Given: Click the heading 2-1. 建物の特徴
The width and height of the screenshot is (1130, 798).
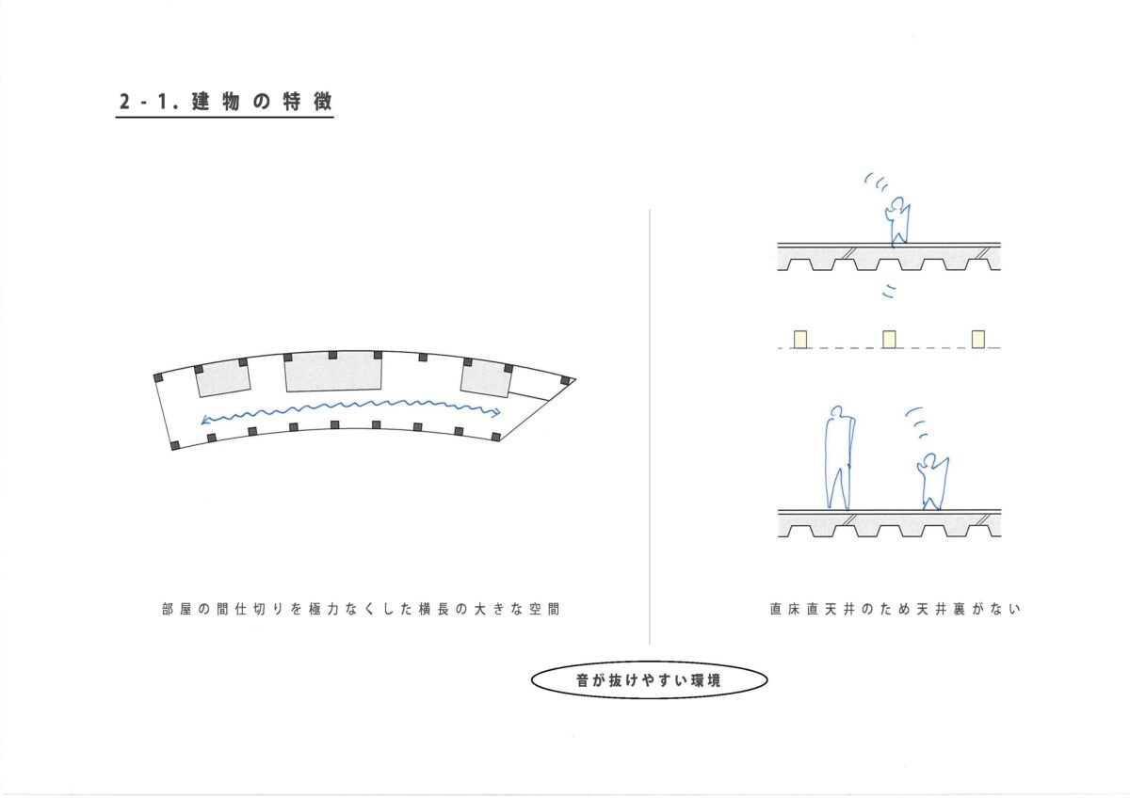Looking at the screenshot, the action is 225,102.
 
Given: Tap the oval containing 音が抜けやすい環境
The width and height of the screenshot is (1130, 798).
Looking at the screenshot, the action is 649,680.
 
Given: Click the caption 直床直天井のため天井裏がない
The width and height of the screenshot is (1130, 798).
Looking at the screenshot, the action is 895,610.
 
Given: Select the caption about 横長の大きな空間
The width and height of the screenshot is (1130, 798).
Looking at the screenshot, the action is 361,610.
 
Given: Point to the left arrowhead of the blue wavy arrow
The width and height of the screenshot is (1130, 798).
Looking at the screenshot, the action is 204,420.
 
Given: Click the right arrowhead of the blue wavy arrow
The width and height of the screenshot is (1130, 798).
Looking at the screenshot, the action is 497,412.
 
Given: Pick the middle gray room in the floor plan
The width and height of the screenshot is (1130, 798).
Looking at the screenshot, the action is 333,372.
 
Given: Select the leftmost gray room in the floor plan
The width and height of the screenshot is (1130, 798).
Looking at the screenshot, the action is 223,378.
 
